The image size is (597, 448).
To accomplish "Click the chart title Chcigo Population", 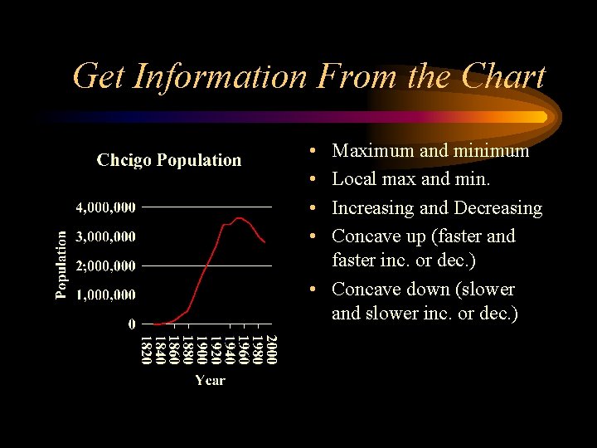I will pos(169,160).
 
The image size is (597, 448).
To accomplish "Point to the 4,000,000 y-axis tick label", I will pos(106,206).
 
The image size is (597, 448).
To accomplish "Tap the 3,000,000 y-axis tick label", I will pos(106,236).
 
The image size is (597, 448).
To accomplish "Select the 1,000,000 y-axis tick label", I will pos(106,295).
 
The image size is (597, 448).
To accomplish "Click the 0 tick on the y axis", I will pos(132,324).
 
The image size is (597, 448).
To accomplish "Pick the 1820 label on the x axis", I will pos(146,348).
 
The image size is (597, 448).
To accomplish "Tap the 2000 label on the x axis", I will pos(271,348).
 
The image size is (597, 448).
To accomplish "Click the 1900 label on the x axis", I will pos(201,348).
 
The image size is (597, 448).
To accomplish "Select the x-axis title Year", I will pos(210,380).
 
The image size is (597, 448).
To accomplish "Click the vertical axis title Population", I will pos(61,264).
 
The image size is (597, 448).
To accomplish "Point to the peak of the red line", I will pos(239,218).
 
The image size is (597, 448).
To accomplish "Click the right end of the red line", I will pos(265,241).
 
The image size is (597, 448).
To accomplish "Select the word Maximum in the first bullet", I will pos(372,151).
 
